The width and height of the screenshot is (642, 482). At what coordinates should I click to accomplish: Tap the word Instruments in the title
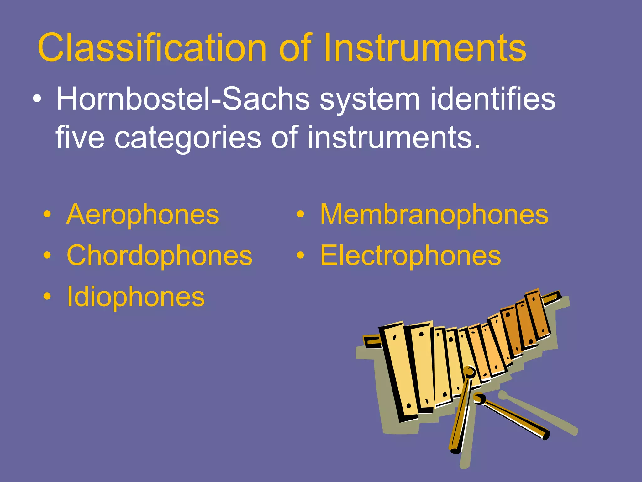[424, 48]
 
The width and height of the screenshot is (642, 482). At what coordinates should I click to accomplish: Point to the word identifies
[492, 99]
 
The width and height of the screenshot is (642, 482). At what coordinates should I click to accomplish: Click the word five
[80, 137]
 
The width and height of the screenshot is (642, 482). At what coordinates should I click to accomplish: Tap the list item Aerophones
[143, 215]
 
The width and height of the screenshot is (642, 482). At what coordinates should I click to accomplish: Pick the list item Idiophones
[135, 297]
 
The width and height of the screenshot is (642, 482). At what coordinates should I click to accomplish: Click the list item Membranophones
[434, 215]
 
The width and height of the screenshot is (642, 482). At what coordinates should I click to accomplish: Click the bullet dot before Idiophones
[47, 296]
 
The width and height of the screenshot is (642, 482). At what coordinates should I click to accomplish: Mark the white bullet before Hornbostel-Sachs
[37, 99]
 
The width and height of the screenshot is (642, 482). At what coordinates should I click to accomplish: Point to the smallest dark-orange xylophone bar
[537, 314]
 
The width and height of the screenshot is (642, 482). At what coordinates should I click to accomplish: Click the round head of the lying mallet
[479, 399]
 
